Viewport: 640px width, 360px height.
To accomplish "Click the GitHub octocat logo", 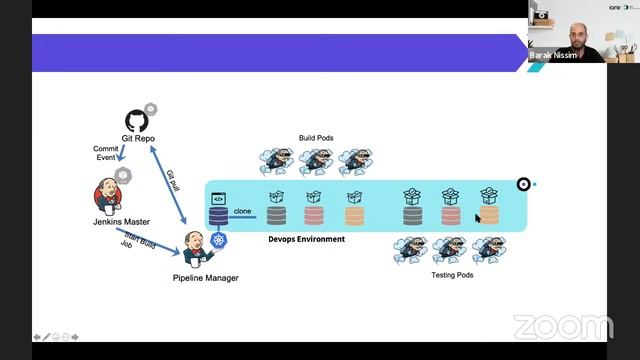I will point(135,121).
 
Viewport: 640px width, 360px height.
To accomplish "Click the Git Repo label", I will point(138,139).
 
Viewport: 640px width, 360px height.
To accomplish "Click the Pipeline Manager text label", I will point(205,277).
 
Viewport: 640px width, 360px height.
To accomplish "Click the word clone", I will point(242,211).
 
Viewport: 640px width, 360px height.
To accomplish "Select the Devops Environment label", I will point(306,240).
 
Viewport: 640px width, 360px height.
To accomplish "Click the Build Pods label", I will point(315,138).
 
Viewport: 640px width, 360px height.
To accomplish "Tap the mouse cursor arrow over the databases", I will point(478,217).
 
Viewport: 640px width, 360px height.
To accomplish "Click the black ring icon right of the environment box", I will point(523,184).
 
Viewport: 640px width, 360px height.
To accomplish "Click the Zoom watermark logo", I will point(563,327).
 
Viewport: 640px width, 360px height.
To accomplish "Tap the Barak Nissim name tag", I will point(554,56).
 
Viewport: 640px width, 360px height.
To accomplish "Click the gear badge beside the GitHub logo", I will point(151,109).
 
